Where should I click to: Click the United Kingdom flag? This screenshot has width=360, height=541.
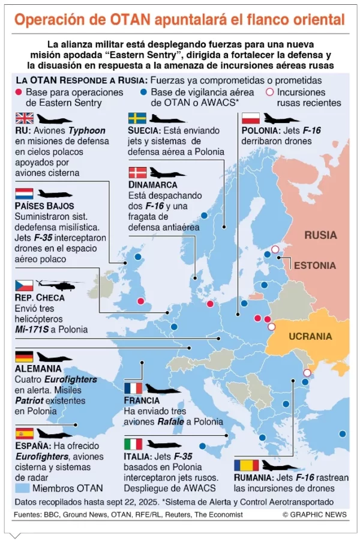[25, 118]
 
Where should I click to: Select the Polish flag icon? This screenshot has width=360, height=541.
[250, 118]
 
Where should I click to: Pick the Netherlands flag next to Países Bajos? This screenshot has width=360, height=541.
[25, 194]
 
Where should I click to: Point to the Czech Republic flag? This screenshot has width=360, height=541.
[25, 285]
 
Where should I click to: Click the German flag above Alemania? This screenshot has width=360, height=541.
[25, 357]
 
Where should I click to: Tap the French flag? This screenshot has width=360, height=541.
[133, 388]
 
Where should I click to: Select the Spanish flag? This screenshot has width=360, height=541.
[25, 434]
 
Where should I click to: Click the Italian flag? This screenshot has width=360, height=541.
[133, 444]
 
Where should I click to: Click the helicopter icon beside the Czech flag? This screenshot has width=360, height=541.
[56, 285]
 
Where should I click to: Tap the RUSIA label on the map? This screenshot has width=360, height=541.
[320, 235]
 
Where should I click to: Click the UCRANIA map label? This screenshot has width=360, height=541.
[310, 336]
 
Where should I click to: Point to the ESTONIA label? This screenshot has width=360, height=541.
[315, 265]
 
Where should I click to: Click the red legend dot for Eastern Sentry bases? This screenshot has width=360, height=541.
[19, 92]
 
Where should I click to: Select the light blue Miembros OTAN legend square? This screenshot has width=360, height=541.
[22, 488]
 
